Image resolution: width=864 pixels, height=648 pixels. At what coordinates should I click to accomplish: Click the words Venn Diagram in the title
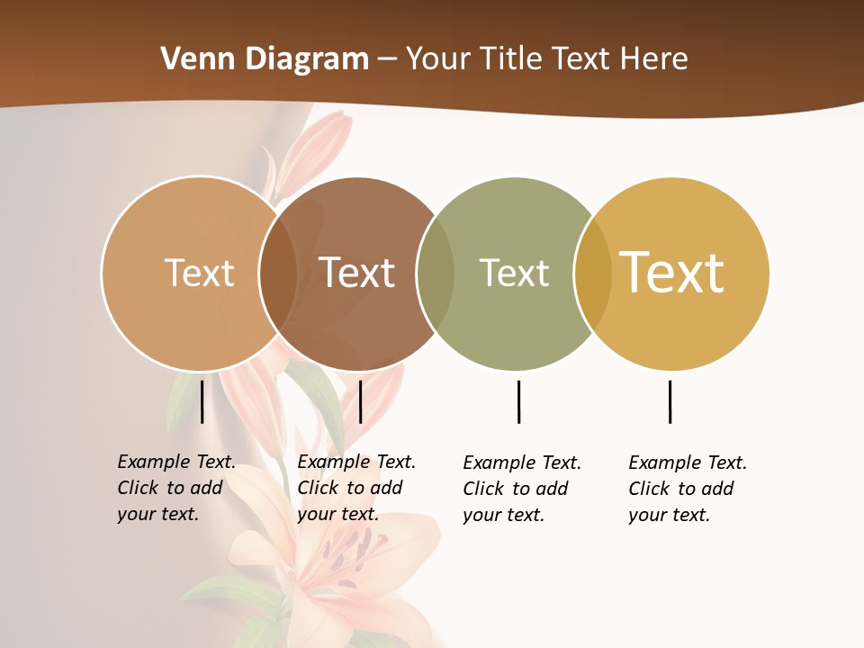pyautogui.click(x=265, y=58)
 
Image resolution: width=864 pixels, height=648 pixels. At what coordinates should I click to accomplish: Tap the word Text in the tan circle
pyautogui.click(x=199, y=273)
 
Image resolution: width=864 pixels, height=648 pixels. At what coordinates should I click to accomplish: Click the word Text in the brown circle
pyautogui.click(x=357, y=273)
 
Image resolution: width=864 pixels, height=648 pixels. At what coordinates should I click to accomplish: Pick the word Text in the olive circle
pyautogui.click(x=514, y=273)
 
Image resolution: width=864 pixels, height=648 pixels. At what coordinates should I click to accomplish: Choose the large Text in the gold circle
pyautogui.click(x=672, y=273)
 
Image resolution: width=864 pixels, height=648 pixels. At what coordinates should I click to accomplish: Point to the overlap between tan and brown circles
pyautogui.click(x=277, y=274)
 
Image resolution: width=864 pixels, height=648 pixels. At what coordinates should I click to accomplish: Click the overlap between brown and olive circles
pyautogui.click(x=436, y=274)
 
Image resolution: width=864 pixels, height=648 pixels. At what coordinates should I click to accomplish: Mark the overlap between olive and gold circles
pyautogui.click(x=593, y=274)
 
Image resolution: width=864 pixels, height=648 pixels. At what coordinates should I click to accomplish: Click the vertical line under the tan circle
pyautogui.click(x=202, y=401)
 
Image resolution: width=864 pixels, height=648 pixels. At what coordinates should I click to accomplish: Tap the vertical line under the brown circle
pyautogui.click(x=360, y=401)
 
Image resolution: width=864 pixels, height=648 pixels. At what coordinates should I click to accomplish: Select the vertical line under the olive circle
pyautogui.click(x=518, y=401)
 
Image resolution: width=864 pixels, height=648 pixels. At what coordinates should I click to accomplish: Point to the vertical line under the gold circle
pyautogui.click(x=670, y=401)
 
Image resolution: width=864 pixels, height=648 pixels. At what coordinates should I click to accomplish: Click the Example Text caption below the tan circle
pyautogui.click(x=176, y=488)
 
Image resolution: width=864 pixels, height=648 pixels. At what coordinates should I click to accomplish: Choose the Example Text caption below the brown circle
pyautogui.click(x=356, y=488)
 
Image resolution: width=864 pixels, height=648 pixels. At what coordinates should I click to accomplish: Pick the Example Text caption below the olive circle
pyautogui.click(x=522, y=489)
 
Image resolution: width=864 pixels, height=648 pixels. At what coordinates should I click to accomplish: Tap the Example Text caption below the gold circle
pyautogui.click(x=688, y=489)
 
